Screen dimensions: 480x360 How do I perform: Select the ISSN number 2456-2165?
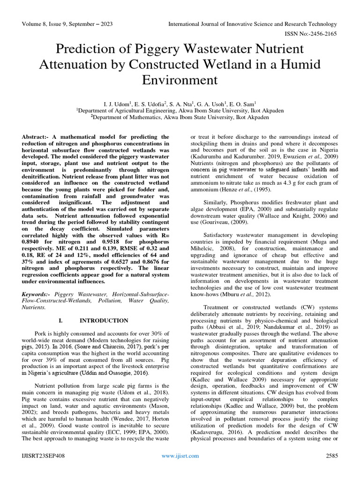click(323, 34)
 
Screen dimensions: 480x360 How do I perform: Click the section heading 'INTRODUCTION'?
click(104, 321)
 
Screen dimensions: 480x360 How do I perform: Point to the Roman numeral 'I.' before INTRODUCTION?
click(61, 321)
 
